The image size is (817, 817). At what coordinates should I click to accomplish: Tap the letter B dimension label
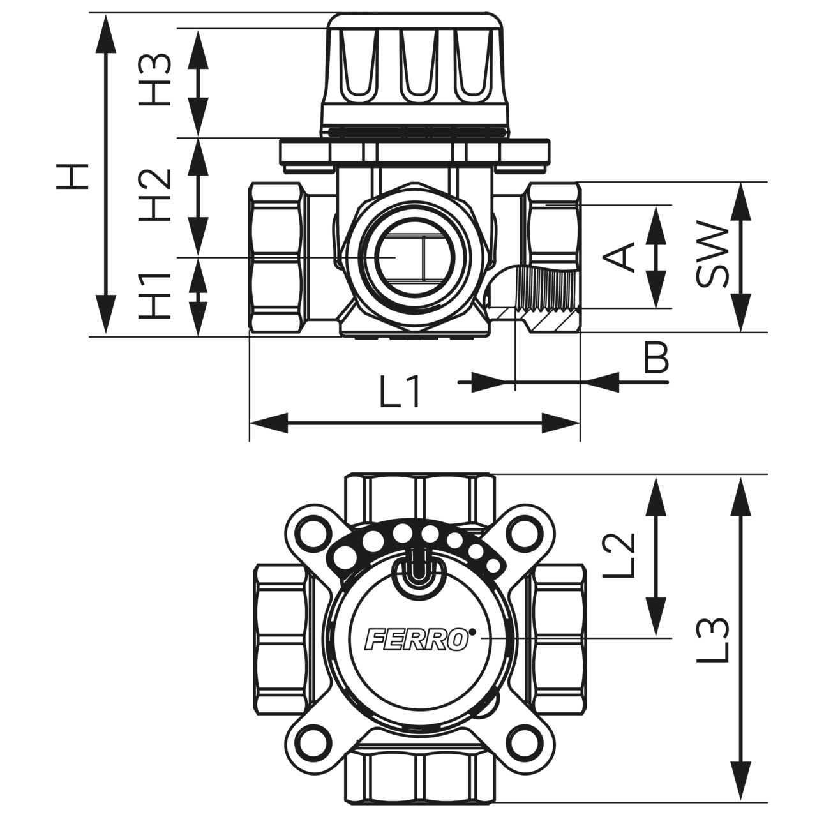click(x=656, y=359)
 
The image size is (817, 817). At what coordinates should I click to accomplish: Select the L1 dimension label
click(x=400, y=393)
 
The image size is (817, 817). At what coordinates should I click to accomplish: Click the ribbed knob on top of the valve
click(x=415, y=70)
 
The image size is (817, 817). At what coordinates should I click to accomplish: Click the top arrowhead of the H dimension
click(x=105, y=32)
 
